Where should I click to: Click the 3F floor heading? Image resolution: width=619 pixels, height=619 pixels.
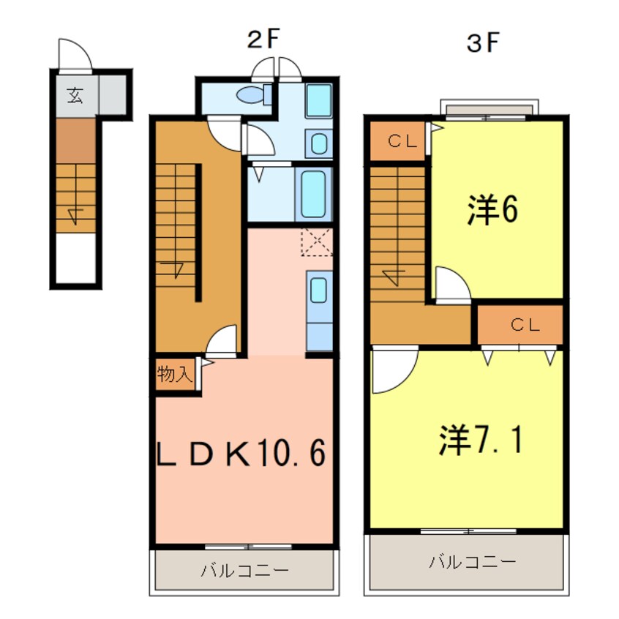(483, 43)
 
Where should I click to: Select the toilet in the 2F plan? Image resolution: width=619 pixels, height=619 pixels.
(253, 94)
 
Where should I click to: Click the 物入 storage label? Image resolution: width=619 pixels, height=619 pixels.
(175, 375)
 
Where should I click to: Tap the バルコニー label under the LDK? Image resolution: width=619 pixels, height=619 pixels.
(245, 571)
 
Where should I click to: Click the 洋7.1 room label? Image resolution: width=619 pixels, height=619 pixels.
(481, 440)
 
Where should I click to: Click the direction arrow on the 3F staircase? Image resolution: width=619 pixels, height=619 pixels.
(392, 276)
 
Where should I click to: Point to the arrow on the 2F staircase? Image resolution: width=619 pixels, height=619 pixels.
(176, 267)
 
